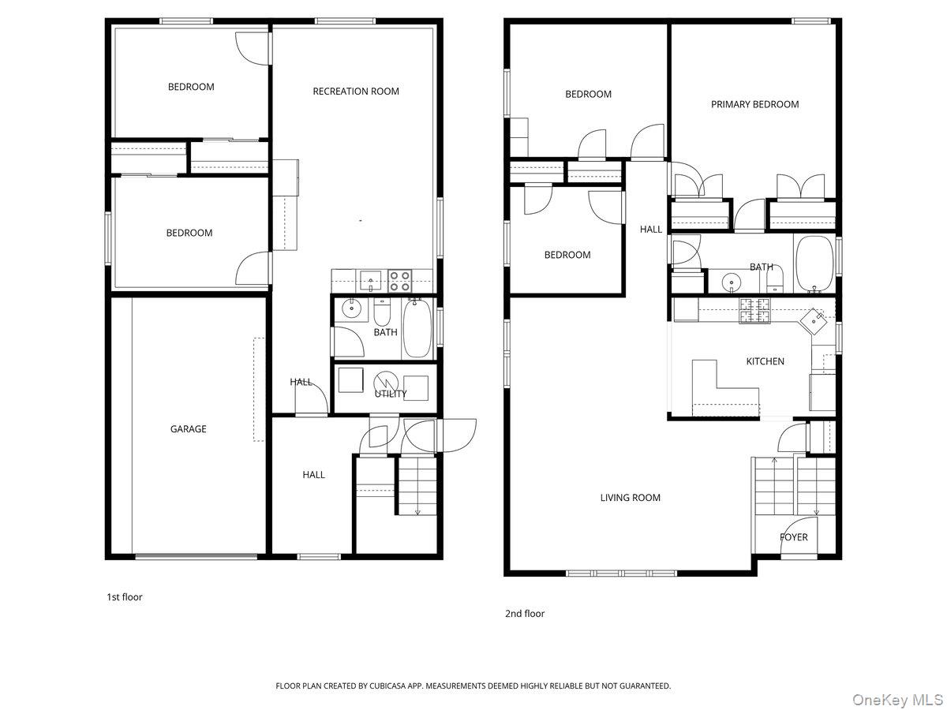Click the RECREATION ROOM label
(355, 92)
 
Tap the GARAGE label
(188, 429)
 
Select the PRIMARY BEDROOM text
(754, 104)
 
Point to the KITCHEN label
(765, 361)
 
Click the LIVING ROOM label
(630, 498)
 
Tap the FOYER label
(793, 537)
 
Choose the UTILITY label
(391, 394)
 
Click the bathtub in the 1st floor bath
(417, 327)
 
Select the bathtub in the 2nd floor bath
(814, 263)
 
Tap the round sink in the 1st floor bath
(352, 308)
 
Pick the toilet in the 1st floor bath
(381, 312)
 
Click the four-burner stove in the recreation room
(399, 281)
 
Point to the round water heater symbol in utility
(385, 383)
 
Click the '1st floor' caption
(125, 597)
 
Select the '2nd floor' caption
(525, 614)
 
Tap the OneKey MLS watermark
(897, 699)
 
